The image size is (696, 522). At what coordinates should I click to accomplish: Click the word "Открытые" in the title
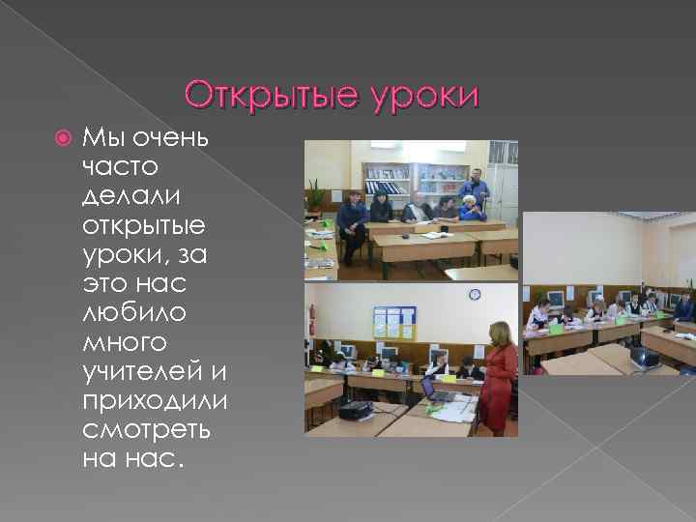[x=274, y=96]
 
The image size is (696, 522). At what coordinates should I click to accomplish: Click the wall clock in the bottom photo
[x=476, y=295]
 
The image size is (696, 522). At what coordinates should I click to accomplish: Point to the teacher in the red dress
[x=500, y=377]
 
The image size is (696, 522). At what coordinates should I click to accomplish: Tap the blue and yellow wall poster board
[x=394, y=322]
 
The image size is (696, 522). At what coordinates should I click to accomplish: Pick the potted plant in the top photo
[x=316, y=197]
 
